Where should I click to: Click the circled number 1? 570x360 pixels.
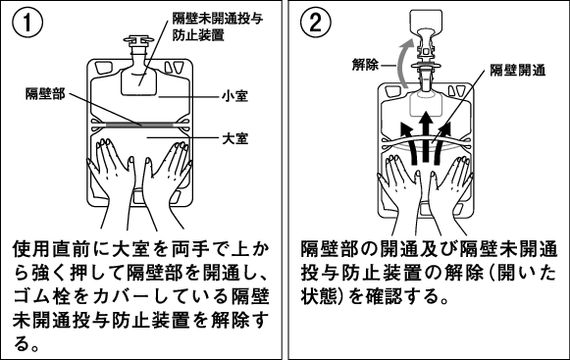point(27,22)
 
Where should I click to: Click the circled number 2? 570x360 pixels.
point(315,22)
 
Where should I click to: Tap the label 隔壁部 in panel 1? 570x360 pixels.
point(45,94)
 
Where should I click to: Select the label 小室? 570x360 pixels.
point(235,96)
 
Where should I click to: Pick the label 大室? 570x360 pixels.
point(235,138)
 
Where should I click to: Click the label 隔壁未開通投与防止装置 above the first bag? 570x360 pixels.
point(218,26)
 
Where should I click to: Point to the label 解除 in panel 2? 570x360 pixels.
point(365,65)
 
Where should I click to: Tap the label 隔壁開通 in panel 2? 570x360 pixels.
point(518,70)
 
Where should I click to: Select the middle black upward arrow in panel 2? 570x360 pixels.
point(426,136)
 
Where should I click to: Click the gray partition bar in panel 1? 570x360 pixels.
point(139,125)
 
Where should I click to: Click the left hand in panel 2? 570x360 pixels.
point(401,192)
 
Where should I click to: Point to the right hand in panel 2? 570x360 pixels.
point(449,192)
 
